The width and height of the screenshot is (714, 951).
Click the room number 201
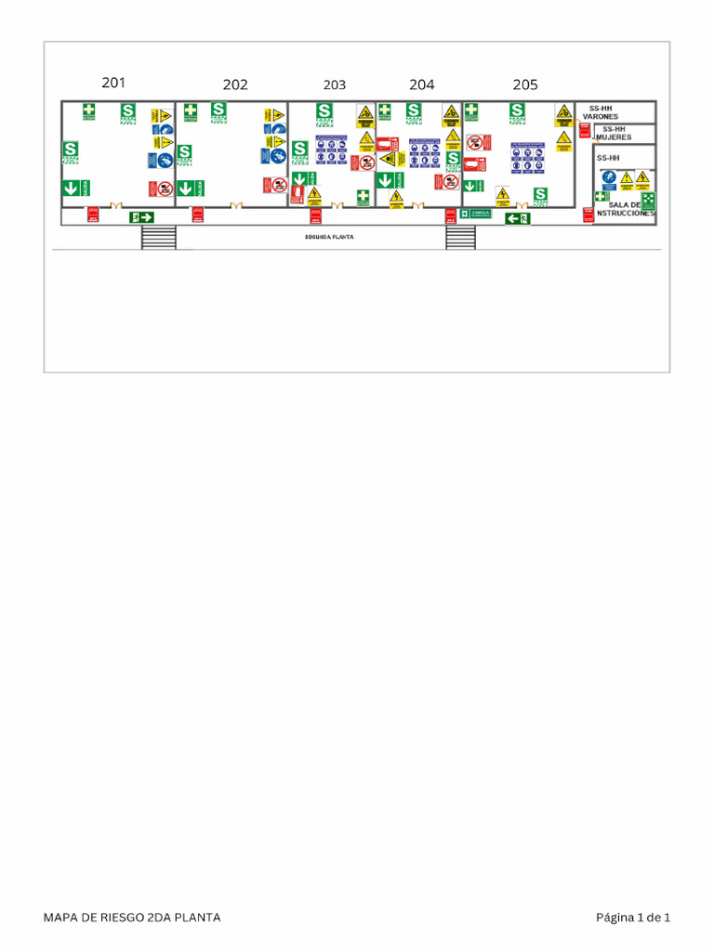(113, 83)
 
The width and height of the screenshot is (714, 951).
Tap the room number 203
(335, 85)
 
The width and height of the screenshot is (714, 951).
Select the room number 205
(525, 85)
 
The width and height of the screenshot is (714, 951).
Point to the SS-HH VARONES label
(601, 112)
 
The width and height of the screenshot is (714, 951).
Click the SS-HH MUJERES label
(614, 133)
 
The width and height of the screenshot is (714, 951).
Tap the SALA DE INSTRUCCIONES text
(625, 209)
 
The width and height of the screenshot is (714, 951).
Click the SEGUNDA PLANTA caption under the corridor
(329, 237)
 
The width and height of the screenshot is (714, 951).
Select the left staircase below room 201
(158, 237)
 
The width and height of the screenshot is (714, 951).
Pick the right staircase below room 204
(460, 237)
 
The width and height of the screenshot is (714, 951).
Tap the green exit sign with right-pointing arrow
(142, 217)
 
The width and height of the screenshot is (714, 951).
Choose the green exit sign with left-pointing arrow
(517, 218)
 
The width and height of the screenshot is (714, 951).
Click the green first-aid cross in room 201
(88, 111)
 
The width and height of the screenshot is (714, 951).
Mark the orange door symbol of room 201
(116, 206)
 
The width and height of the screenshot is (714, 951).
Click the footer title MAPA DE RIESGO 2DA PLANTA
(132, 918)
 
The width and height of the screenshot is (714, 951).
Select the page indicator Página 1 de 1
(633, 918)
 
